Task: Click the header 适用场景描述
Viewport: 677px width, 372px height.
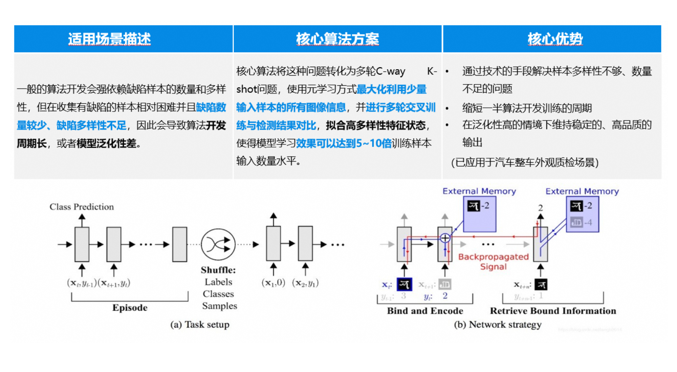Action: point(109,39)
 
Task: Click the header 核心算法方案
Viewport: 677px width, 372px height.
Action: point(337,39)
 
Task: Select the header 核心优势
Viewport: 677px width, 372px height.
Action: point(555,39)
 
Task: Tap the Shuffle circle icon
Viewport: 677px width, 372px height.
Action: point(218,244)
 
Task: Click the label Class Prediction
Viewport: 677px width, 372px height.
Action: point(82,207)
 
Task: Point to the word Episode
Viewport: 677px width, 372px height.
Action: point(130,308)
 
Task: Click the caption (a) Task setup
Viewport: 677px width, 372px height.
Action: point(200,325)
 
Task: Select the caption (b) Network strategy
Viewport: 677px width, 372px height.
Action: point(498,325)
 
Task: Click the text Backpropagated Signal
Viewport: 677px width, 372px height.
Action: point(493,262)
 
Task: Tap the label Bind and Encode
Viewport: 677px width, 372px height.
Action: point(425,311)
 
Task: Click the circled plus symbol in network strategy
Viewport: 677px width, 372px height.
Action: point(445,238)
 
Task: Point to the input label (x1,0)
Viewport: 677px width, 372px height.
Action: point(273,283)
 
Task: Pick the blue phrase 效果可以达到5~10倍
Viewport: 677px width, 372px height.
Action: point(344,143)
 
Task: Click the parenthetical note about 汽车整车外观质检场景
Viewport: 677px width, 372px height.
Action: point(525,162)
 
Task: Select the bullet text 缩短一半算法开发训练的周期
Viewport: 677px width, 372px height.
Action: point(527,108)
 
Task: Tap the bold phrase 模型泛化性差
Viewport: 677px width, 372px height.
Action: point(106,143)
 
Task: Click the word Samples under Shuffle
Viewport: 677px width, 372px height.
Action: point(219,306)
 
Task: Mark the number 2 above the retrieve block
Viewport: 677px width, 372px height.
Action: point(541,208)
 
